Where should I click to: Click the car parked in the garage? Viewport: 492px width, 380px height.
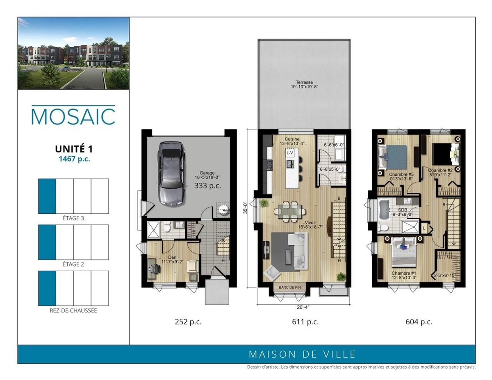point(171,173)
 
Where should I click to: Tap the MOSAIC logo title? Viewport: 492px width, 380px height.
point(73,116)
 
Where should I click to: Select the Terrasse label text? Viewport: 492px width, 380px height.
point(304,82)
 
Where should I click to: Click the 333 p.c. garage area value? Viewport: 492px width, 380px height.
point(207,185)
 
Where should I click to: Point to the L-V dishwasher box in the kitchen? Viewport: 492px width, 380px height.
point(290,153)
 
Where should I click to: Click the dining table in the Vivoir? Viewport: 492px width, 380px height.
point(290,211)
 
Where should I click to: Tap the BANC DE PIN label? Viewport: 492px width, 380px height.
point(290,287)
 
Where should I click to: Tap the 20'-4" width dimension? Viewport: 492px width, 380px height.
point(303,307)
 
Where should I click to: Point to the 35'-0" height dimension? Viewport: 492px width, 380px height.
point(246,208)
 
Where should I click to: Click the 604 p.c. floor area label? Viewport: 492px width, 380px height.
point(419,321)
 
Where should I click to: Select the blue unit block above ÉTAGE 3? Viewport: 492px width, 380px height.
point(47,196)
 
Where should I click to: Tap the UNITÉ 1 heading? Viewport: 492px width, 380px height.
point(74,149)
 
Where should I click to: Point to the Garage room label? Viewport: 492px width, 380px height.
point(207,173)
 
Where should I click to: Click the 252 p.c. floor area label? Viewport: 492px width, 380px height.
point(188,321)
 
